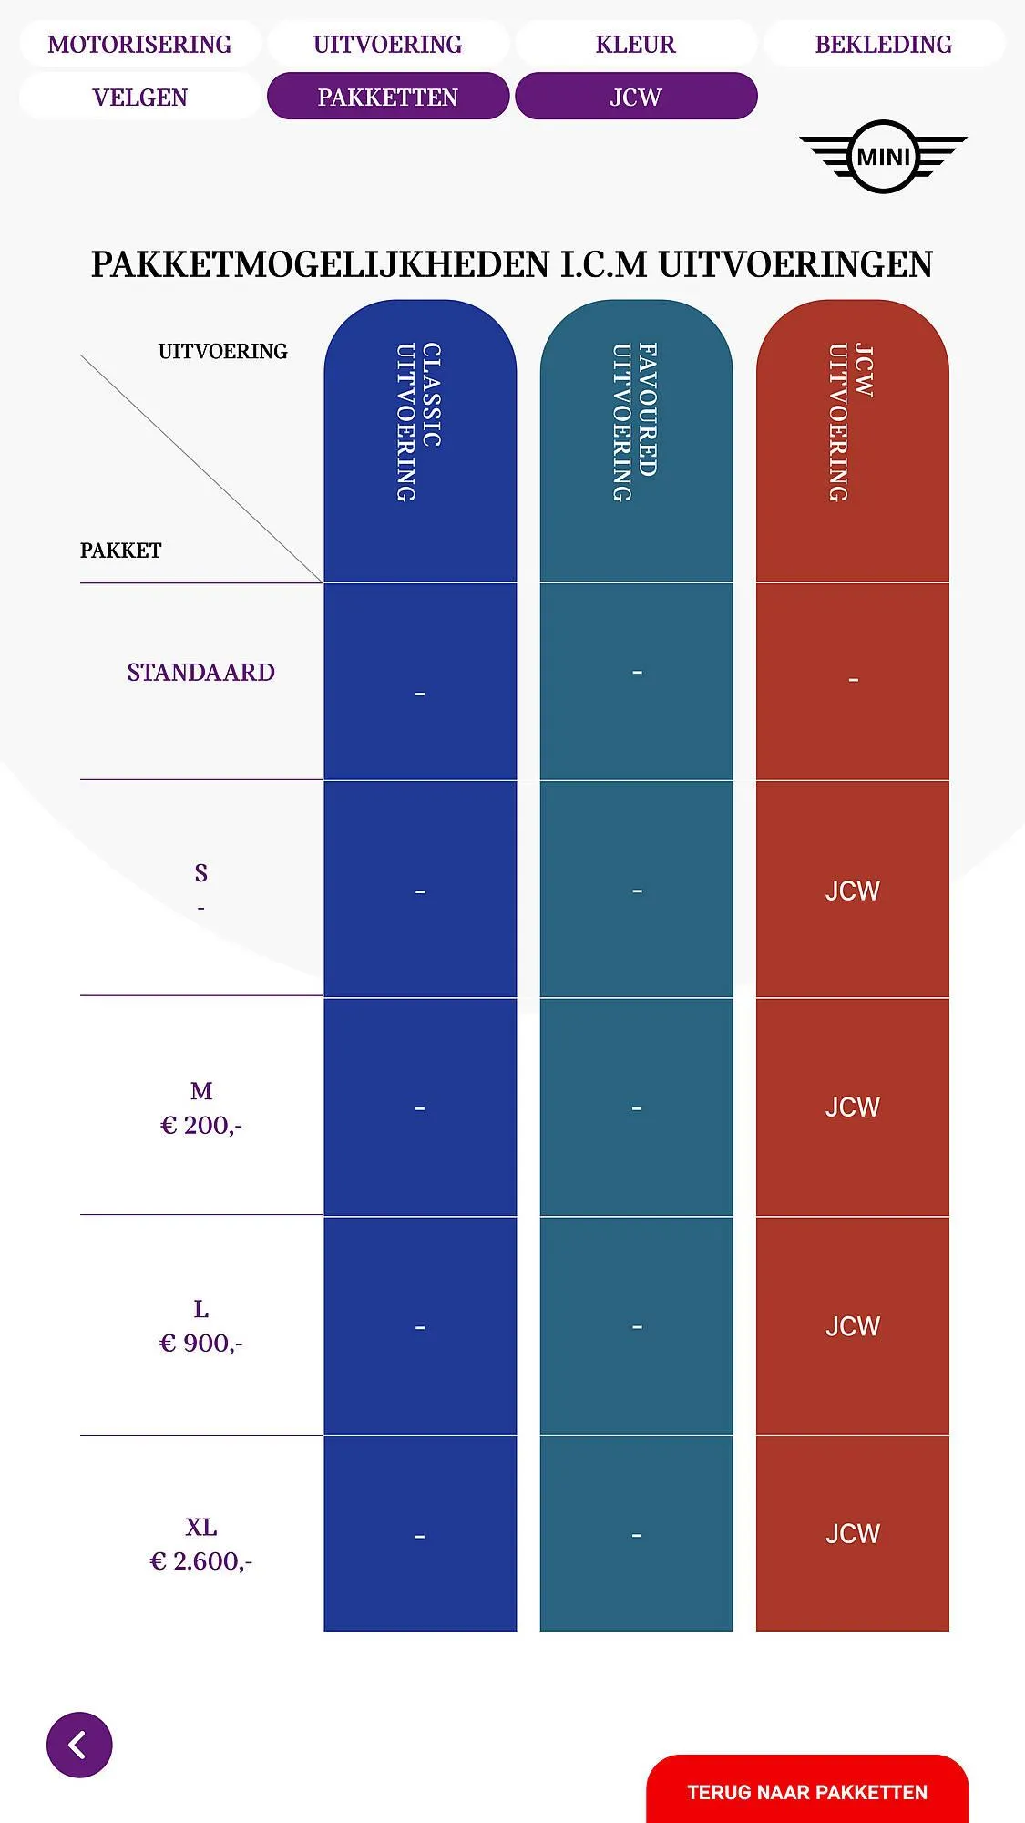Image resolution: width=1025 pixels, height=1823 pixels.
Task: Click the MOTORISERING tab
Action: pos(139,44)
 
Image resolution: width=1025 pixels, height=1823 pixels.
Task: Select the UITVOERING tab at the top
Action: pos(387,44)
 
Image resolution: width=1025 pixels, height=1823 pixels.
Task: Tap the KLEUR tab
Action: pos(635,44)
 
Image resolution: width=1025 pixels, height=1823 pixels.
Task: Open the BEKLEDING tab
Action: pos(883,44)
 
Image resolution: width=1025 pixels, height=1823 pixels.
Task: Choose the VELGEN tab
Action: pos(139,97)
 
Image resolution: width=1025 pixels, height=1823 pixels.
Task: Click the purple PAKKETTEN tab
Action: pos(387,97)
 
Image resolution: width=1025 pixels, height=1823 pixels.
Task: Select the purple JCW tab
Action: pos(635,97)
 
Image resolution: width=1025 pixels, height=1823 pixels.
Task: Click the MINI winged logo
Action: pos(883,157)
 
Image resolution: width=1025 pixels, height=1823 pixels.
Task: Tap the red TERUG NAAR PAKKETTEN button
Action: pos(806,1791)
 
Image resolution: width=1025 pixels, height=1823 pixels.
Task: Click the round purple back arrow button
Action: pos(79,1745)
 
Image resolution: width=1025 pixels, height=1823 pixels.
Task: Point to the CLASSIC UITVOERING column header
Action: pos(419,421)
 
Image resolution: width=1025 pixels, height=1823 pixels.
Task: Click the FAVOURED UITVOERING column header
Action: pos(635,421)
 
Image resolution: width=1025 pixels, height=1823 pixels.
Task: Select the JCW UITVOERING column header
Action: pos(852,421)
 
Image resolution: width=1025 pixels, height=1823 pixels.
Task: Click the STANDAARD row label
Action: pos(200,673)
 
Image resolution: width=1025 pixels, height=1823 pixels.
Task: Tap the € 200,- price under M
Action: pos(200,1126)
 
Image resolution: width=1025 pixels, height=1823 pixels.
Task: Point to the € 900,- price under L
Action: pos(200,1344)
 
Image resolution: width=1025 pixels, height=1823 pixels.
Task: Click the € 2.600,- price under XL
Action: pos(200,1561)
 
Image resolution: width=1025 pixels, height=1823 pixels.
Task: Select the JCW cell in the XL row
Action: pos(852,1534)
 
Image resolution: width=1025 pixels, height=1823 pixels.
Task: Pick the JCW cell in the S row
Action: pos(852,891)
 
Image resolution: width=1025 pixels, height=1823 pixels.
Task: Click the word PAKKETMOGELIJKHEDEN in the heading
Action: pos(320,264)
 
